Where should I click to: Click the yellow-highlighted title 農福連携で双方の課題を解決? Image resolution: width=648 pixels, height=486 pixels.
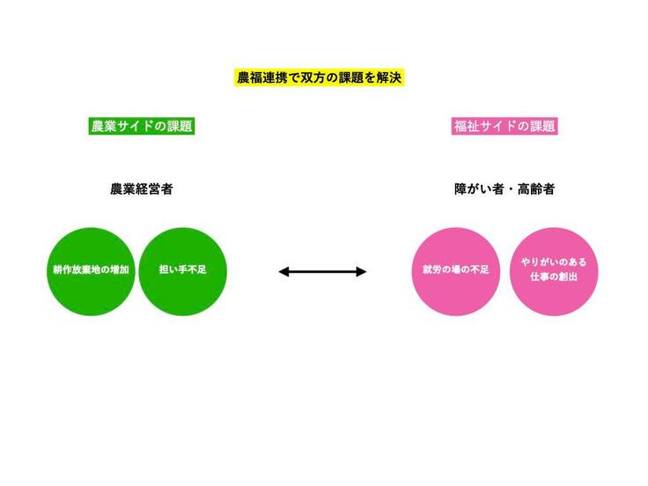pos(319,77)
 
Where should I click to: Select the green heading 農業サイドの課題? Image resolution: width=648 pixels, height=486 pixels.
pos(142,126)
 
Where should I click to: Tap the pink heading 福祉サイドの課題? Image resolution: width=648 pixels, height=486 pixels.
pos(504,126)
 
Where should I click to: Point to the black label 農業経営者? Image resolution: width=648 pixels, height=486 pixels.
pos(142,189)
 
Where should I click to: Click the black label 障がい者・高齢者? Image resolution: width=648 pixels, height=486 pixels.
pos(504,189)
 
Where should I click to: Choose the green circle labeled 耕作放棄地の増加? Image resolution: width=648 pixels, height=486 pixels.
pos(91,271)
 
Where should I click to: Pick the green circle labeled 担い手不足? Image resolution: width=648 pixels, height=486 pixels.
pos(182,271)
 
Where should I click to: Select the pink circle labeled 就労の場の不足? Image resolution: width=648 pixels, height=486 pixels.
pos(456,271)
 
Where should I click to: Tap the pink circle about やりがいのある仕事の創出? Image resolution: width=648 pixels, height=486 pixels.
pos(554,271)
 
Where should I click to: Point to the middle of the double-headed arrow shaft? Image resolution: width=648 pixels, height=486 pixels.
pos(322,271)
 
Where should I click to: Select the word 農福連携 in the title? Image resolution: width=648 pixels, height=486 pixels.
pos(262,77)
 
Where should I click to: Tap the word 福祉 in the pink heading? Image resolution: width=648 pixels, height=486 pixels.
pos(467,126)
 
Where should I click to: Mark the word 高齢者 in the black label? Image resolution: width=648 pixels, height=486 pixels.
pos(536,189)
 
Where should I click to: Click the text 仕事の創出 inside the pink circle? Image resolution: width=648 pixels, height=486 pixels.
pos(554,276)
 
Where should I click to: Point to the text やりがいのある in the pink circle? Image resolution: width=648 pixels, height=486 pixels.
pos(554,262)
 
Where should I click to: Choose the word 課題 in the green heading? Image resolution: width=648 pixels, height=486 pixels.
pos(180,126)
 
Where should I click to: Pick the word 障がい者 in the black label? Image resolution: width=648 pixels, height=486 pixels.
pos(479,189)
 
